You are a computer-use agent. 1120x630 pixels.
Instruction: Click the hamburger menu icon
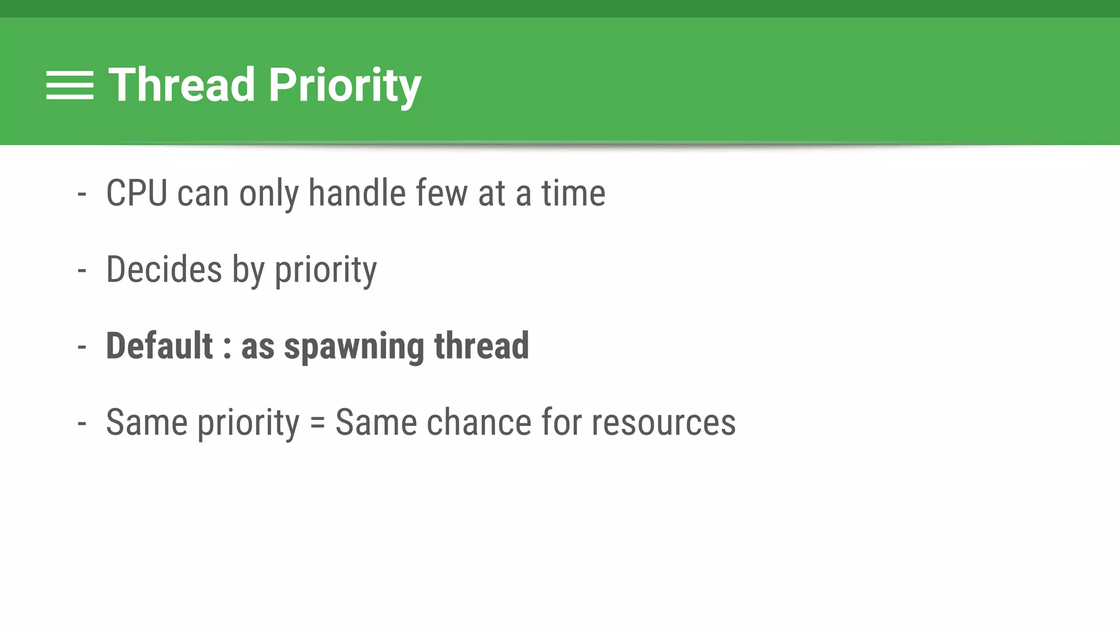coord(69,85)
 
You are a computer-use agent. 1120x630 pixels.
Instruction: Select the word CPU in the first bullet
coord(137,193)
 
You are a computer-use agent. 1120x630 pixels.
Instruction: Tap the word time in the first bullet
coord(573,193)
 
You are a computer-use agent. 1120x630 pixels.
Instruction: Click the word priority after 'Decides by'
coord(325,271)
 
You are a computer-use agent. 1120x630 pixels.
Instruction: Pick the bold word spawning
coord(354,347)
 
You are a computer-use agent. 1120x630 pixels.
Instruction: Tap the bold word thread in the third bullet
coord(481,346)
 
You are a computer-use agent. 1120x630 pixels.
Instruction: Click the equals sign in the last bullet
coord(317,423)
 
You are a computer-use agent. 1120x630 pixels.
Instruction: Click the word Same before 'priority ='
coord(147,422)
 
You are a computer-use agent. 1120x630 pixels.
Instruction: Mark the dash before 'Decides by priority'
coord(82,270)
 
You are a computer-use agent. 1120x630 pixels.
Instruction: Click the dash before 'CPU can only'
coord(82,194)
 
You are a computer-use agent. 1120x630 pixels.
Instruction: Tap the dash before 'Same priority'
coord(82,423)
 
